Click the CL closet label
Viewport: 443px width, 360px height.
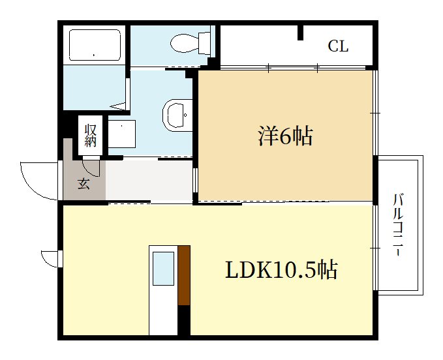click(x=338, y=46)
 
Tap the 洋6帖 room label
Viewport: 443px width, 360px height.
click(x=285, y=136)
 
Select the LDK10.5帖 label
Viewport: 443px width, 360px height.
click(x=281, y=270)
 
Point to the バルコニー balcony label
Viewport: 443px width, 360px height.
click(x=399, y=225)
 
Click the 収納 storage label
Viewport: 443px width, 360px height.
click(x=91, y=135)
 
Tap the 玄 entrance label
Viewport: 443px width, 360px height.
click(x=84, y=183)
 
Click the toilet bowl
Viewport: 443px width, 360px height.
click(x=184, y=43)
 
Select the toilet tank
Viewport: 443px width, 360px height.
click(x=204, y=43)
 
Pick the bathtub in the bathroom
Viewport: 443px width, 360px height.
click(x=95, y=45)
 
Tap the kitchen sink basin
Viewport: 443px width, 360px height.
click(x=163, y=269)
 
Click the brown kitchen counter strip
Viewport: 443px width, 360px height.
click(x=184, y=275)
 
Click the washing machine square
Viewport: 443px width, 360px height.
click(x=122, y=134)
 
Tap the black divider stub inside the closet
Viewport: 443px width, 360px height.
click(x=301, y=33)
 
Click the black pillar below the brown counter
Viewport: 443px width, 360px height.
click(x=184, y=320)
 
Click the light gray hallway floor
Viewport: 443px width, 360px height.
click(x=149, y=180)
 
